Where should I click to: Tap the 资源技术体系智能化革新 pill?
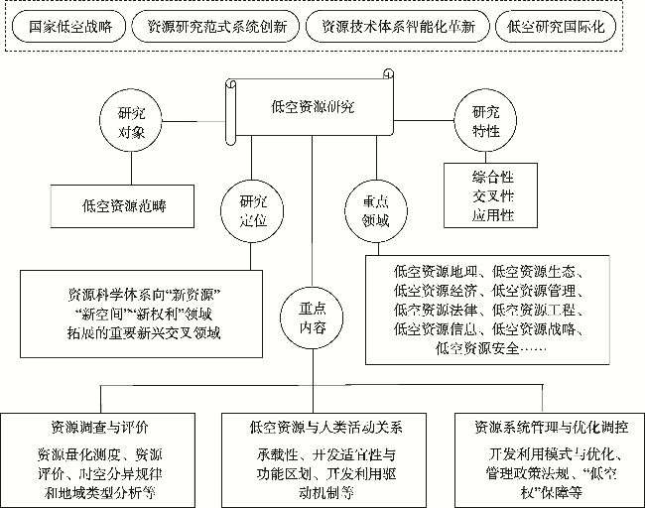tap(397, 27)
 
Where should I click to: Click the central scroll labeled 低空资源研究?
tap(312, 107)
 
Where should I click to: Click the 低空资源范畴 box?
tap(124, 207)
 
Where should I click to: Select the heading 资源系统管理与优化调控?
tap(551, 428)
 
